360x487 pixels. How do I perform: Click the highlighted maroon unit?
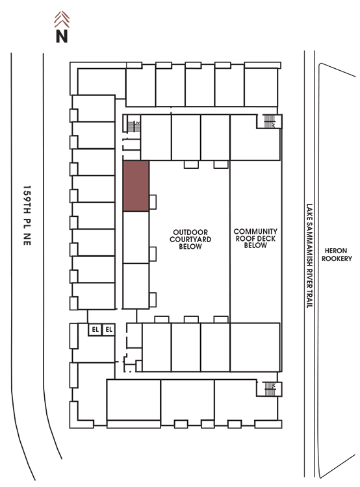point(136,186)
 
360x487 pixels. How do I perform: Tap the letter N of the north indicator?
point(62,36)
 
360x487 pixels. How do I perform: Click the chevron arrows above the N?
point(62,19)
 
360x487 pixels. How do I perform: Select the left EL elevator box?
point(95,329)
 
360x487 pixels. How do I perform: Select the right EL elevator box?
point(109,329)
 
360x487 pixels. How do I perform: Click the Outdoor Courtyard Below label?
point(190,239)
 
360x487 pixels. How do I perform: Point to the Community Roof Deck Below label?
point(255,238)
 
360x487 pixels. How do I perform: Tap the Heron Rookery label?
point(337,255)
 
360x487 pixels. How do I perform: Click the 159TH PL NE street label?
point(27,215)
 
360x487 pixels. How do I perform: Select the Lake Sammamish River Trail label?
point(309,256)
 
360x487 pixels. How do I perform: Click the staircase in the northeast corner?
point(269,121)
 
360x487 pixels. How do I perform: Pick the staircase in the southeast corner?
point(270,389)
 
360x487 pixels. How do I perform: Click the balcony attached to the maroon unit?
point(153,202)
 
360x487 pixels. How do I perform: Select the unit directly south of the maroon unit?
point(136,237)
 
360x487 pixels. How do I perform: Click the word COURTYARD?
point(190,239)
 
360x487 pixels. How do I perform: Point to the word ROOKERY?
point(337,258)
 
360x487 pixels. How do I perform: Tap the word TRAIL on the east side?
point(309,299)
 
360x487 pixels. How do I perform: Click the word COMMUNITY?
point(255,231)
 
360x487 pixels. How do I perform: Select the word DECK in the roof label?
point(267,238)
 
